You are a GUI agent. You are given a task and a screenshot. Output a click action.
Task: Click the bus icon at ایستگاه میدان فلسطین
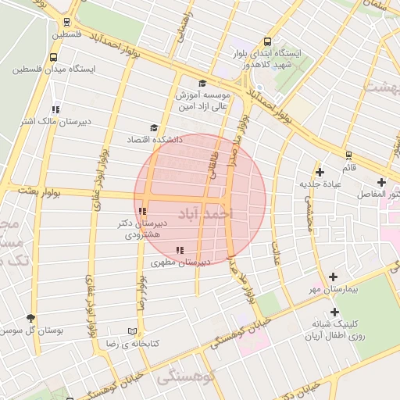click(x=53, y=57)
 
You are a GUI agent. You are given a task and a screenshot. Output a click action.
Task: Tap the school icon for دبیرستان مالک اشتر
click(x=54, y=109)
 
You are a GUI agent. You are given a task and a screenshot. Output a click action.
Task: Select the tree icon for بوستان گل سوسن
click(x=30, y=318)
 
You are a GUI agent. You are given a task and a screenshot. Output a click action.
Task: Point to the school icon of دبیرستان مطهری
click(x=180, y=250)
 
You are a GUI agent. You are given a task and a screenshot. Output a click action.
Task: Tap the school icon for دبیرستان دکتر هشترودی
click(x=141, y=211)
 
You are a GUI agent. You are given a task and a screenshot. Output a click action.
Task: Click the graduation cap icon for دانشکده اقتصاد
click(x=153, y=127)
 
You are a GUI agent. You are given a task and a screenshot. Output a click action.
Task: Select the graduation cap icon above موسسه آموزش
click(x=202, y=83)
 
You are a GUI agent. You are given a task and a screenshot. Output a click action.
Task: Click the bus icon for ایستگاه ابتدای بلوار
click(x=268, y=42)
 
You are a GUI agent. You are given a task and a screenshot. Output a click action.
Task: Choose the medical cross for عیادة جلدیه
click(x=319, y=172)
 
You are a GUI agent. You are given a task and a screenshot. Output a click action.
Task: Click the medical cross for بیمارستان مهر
click(x=334, y=277)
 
